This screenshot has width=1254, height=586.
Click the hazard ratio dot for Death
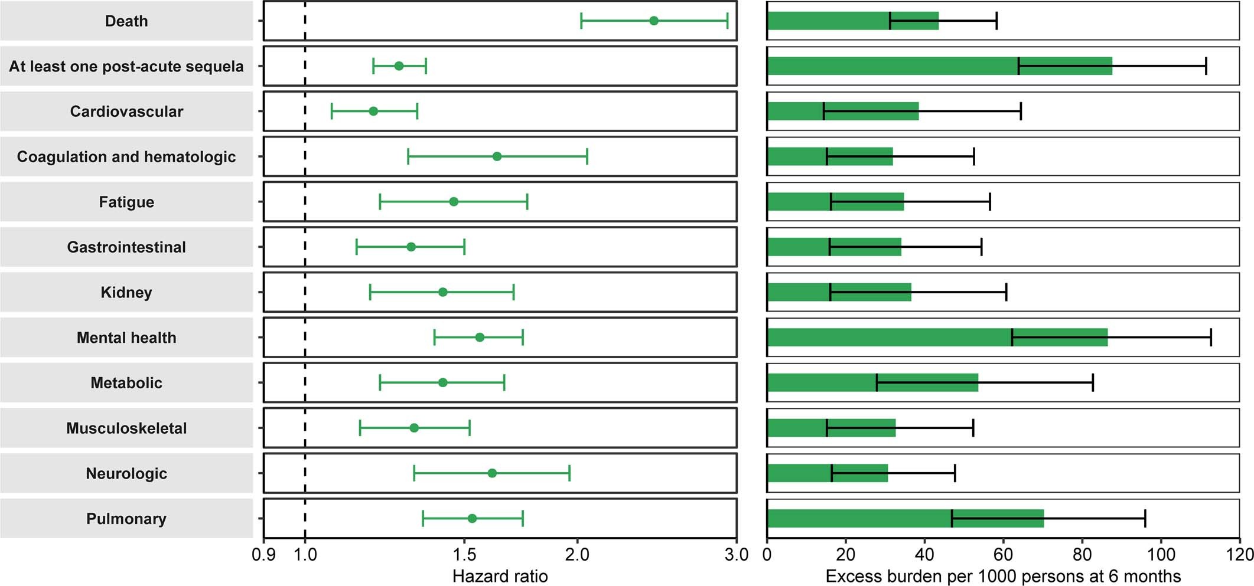[x=653, y=21]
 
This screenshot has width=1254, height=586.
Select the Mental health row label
[x=126, y=338]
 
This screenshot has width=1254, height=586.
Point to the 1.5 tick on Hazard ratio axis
[x=464, y=554]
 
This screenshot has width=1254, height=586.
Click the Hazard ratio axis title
[x=500, y=576]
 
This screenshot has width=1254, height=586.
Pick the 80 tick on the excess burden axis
[x=1082, y=554]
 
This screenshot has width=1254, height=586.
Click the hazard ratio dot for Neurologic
[x=492, y=473]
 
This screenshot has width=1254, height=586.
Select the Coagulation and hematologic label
[x=126, y=156]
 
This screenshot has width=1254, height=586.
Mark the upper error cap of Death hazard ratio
[x=727, y=21]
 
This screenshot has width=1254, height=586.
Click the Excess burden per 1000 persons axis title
[x=1003, y=576]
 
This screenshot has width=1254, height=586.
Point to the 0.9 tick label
[x=263, y=555]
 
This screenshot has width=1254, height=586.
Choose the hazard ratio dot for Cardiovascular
[x=373, y=111]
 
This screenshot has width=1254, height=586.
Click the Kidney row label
[x=126, y=292]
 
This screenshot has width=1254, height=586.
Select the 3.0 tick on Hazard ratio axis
[x=737, y=554]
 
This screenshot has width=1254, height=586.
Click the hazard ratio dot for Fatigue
[x=454, y=202]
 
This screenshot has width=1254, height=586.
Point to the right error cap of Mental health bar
[x=1211, y=338]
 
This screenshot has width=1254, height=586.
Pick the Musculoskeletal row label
[x=126, y=428]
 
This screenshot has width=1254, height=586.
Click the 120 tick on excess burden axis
[x=1239, y=554]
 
